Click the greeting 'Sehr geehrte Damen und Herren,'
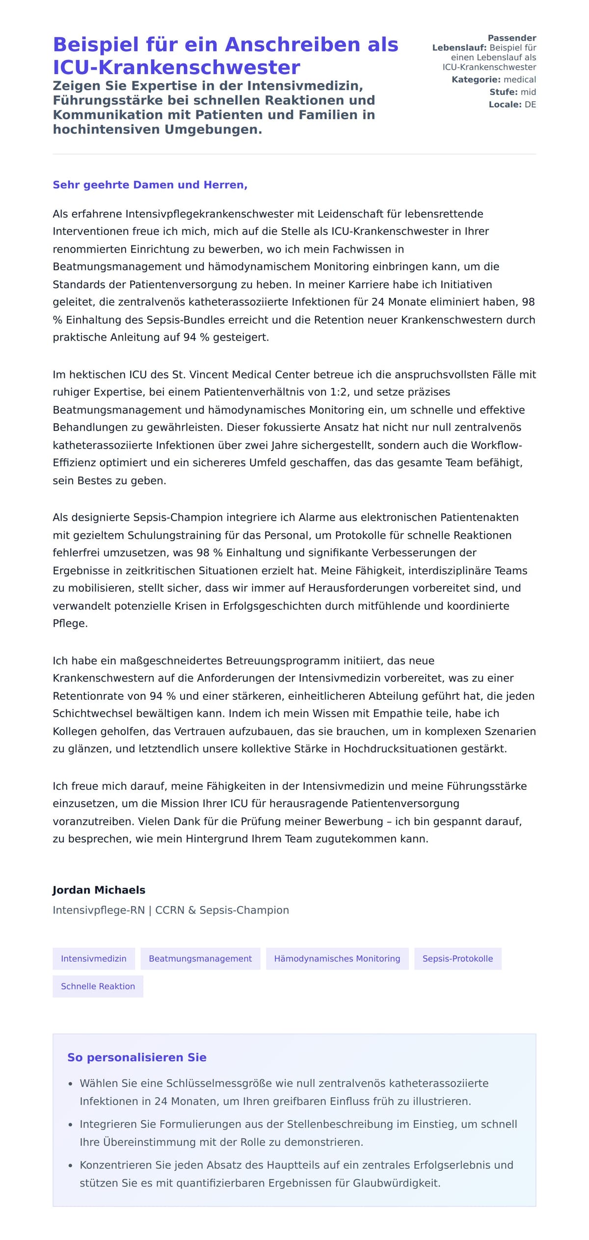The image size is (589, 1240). tap(150, 185)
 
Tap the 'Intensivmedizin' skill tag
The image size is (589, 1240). tap(94, 958)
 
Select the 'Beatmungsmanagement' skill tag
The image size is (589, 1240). tap(200, 958)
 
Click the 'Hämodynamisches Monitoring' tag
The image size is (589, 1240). tap(337, 958)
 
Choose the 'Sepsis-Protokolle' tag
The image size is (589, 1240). tap(457, 958)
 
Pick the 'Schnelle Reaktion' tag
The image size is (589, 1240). tap(98, 986)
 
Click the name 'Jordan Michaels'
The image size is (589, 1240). tap(99, 890)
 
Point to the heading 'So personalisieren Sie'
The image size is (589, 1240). tap(137, 1057)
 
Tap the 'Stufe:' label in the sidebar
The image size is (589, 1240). tap(503, 92)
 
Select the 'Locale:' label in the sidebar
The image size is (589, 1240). tap(505, 105)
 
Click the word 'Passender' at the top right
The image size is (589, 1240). tap(512, 38)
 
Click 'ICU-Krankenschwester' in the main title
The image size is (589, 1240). tap(176, 68)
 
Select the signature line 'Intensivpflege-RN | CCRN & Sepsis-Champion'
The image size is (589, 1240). tap(171, 910)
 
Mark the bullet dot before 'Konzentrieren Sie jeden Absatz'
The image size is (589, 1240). tap(71, 1165)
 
